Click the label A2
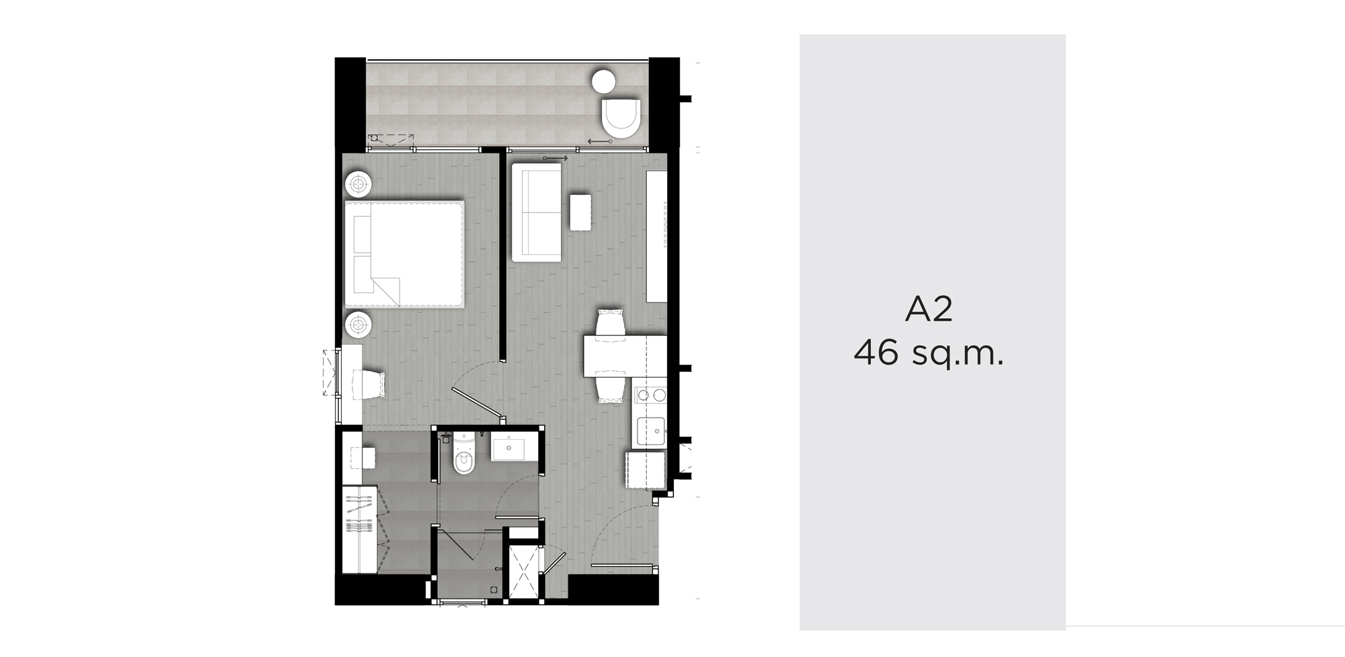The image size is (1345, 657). click(x=929, y=310)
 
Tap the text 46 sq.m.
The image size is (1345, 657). click(x=929, y=353)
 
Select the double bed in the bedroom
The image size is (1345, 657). click(x=404, y=254)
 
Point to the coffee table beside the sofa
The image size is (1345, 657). click(x=580, y=212)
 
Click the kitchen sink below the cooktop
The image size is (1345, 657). click(x=650, y=431)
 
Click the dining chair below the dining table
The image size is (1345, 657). click(x=611, y=389)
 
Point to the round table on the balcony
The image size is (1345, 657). click(x=603, y=81)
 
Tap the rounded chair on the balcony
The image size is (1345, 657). click(x=622, y=118)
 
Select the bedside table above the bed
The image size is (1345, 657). click(x=358, y=184)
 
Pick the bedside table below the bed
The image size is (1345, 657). click(x=358, y=325)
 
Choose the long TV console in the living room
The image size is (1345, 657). click(x=656, y=236)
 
